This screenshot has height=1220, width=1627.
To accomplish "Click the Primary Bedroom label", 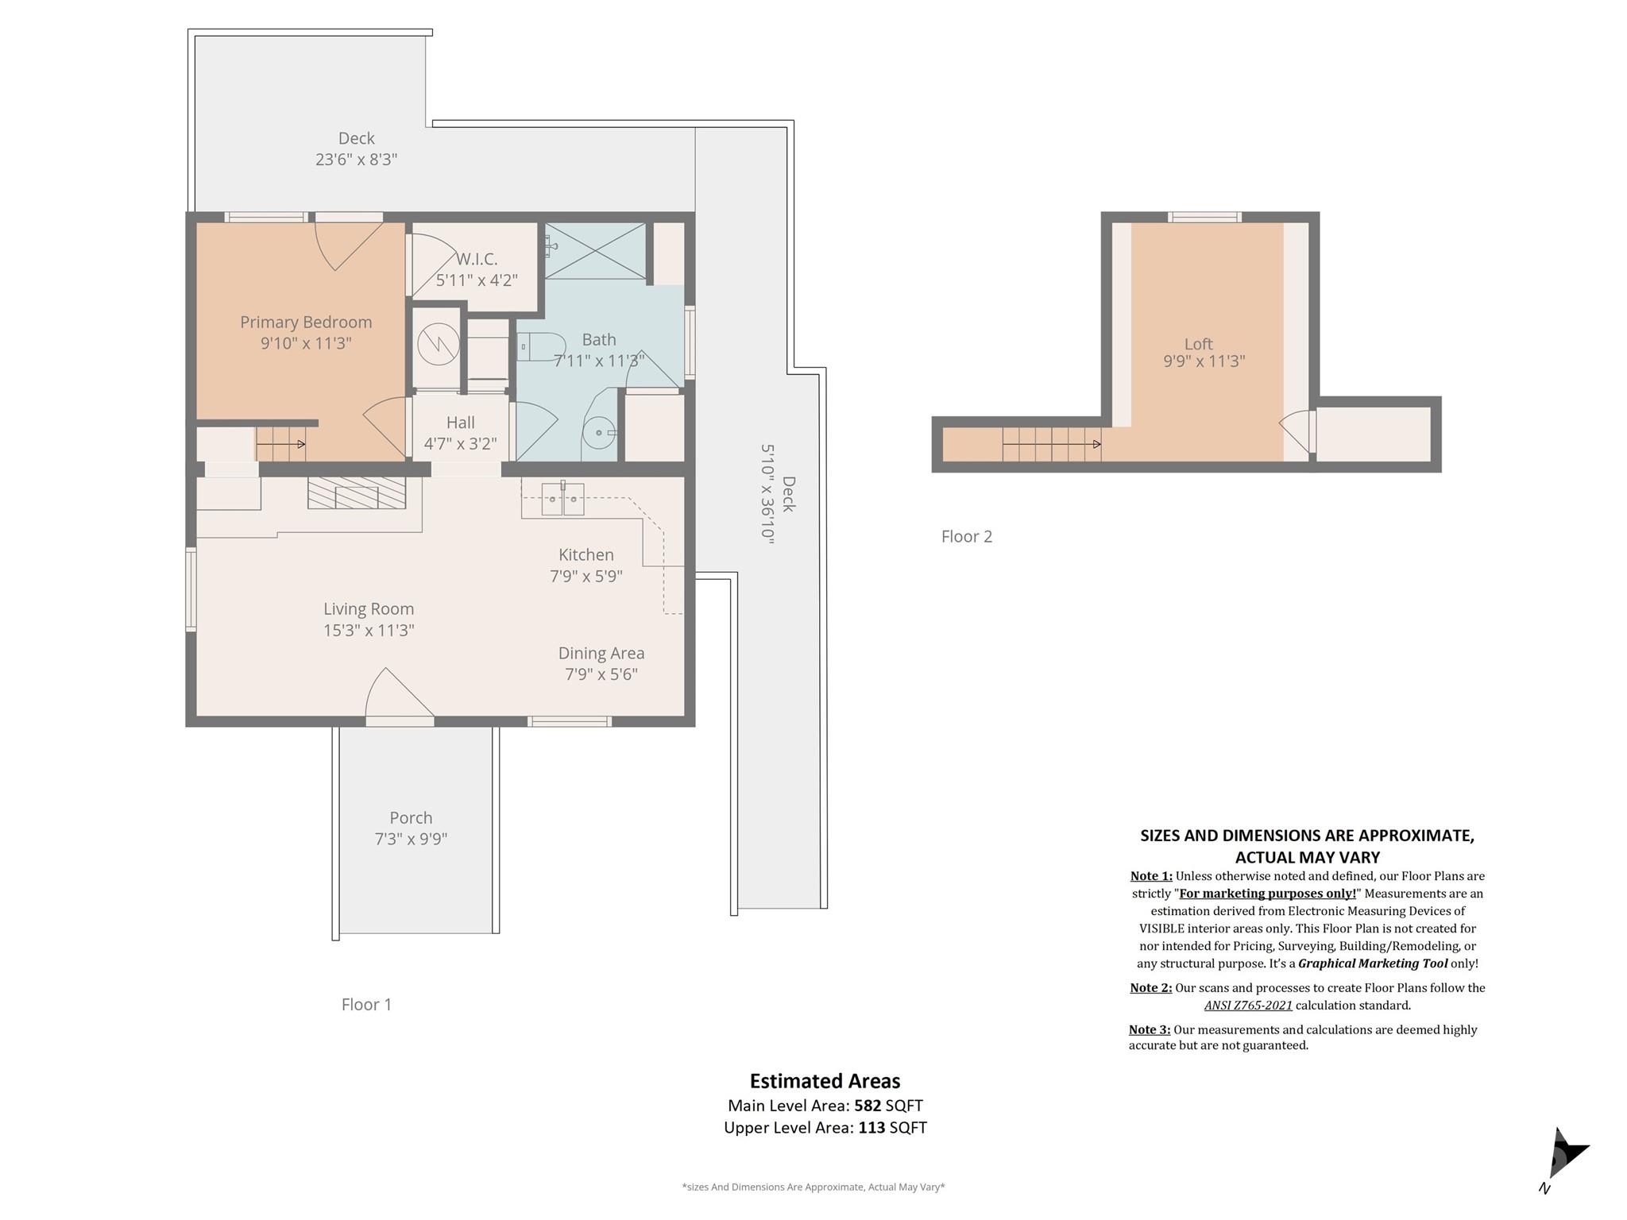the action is (306, 322).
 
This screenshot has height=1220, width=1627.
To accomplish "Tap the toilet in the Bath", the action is (541, 347).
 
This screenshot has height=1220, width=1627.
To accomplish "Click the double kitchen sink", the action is (563, 499).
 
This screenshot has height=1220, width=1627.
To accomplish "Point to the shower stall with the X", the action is (595, 251).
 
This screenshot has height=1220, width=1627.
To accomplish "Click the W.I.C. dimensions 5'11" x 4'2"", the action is (477, 280).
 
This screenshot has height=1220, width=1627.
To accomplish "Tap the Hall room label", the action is (461, 423).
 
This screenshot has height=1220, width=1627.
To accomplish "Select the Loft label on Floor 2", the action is (1199, 344).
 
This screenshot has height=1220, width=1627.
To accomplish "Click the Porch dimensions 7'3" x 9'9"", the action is (412, 839).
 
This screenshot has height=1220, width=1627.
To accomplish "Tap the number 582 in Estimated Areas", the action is (868, 1106).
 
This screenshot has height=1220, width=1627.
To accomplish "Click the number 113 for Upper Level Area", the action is (871, 1128).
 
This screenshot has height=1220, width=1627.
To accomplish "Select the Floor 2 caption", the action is (967, 537).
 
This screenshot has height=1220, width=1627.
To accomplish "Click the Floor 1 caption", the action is (366, 1005).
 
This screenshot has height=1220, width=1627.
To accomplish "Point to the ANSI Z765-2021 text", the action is (1248, 1006).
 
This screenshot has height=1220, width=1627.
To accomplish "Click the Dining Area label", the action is (601, 654).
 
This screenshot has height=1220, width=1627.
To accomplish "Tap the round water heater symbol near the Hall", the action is (439, 346).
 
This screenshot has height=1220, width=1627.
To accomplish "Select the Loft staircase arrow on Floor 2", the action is (1052, 444).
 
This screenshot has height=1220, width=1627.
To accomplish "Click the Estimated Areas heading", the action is (825, 1082).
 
